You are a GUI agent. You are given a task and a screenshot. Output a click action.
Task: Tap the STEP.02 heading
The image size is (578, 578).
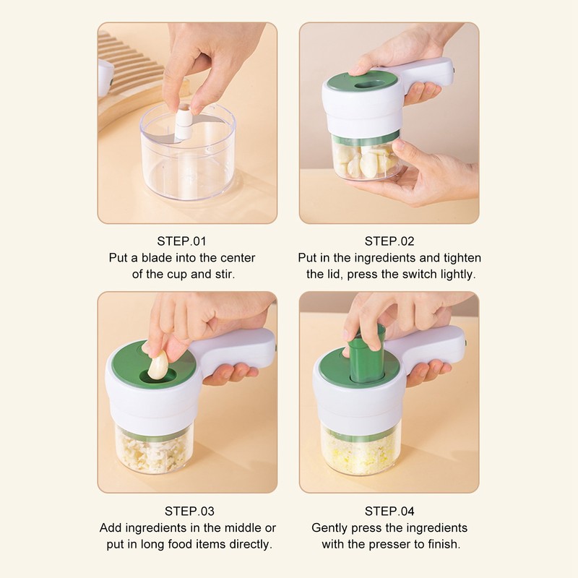tap(389, 241)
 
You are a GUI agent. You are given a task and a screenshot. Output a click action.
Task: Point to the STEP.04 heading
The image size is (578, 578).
tap(389, 512)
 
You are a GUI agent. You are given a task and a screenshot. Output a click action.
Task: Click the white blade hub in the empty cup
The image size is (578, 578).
tap(185, 123)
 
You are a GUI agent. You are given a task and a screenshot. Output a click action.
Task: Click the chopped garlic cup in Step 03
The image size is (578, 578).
tap(153, 451)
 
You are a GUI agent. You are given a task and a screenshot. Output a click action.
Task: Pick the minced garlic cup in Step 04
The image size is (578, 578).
tap(359, 452)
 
